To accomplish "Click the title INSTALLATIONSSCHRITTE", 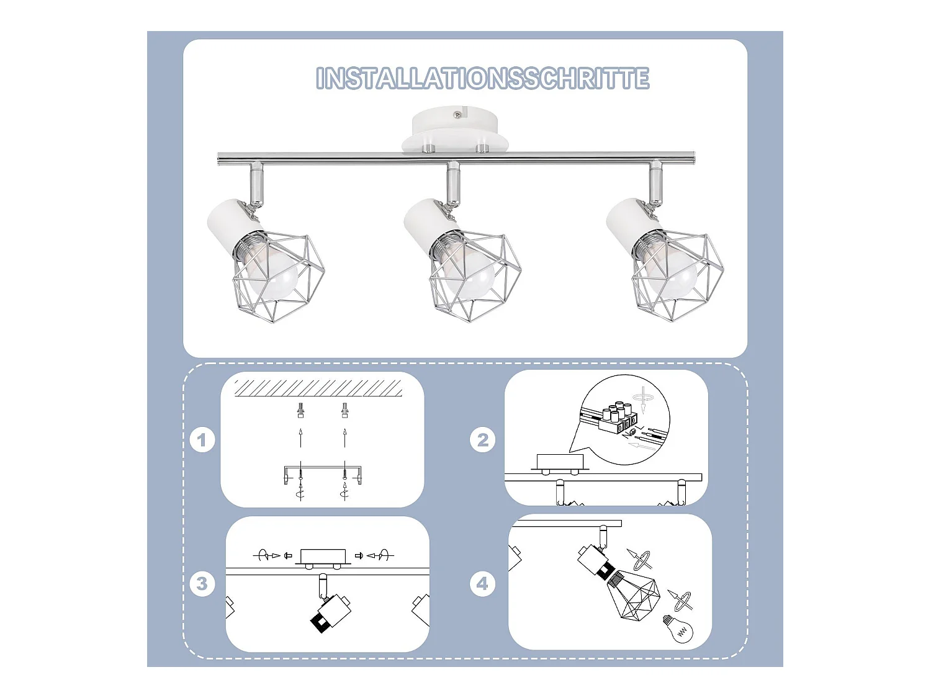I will click(482, 79).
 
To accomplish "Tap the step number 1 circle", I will click(202, 441).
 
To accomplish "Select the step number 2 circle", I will click(482, 440).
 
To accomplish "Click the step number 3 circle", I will click(202, 584).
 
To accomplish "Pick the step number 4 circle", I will click(482, 584).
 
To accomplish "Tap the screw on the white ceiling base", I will click(457, 115).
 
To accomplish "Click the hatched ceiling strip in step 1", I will click(318, 388).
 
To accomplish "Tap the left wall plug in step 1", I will click(300, 410).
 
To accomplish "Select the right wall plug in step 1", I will click(344, 410).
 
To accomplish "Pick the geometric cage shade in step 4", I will click(636, 596).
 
